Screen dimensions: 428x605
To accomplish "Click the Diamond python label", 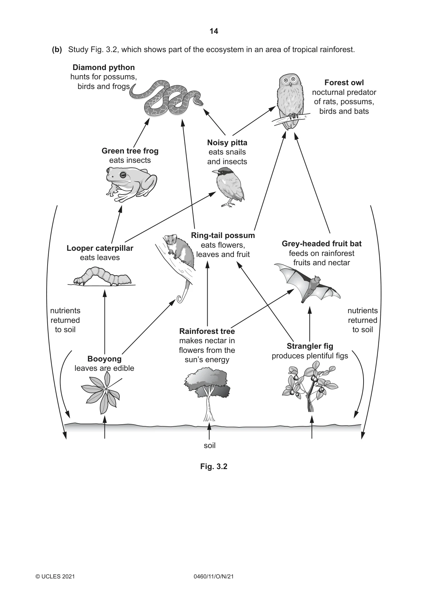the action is click(104, 67).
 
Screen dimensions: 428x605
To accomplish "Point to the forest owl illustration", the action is click(291, 101).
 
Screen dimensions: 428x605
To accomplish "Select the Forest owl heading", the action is click(344, 83).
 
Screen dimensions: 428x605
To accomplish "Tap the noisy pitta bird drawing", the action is click(229, 187).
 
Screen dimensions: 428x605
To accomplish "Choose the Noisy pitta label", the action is click(227, 143).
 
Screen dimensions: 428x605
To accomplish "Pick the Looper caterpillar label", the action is click(100, 248).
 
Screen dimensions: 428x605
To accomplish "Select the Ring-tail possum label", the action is click(223, 236).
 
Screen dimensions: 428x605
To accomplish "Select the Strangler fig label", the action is click(310, 346).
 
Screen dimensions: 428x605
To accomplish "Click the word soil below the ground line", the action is click(210, 446).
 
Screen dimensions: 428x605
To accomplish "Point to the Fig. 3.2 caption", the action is click(214, 467).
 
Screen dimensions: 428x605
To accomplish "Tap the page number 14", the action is click(214, 31).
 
